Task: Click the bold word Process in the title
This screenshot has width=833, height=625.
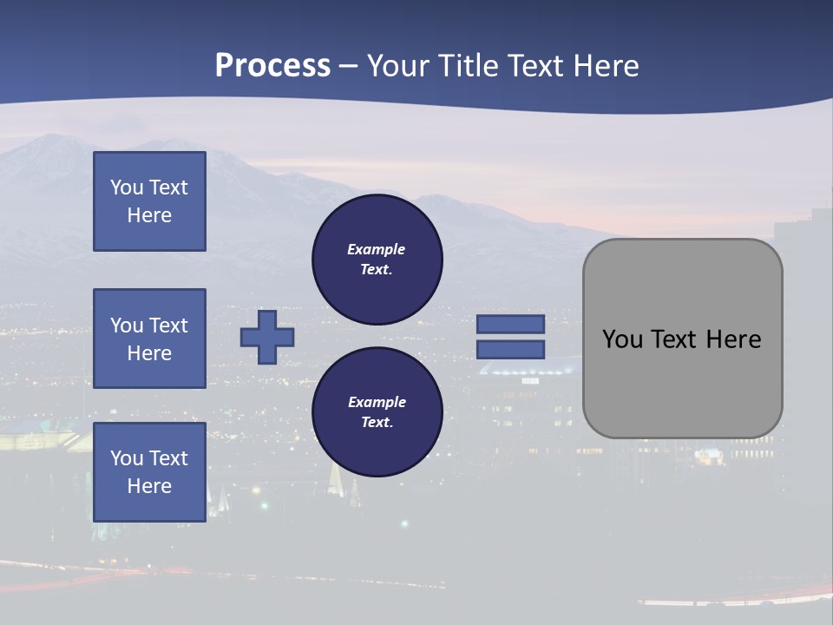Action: click(x=272, y=66)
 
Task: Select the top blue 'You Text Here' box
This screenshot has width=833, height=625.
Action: click(x=149, y=201)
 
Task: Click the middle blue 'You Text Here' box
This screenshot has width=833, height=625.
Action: click(x=149, y=339)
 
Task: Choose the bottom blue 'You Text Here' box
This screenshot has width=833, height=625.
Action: click(x=149, y=472)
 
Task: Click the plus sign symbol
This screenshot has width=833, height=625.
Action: click(x=267, y=337)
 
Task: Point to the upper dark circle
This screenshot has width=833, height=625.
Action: click(x=377, y=260)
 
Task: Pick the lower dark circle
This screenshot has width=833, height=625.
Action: click(x=377, y=412)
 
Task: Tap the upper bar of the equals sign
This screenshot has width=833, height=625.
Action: click(x=510, y=324)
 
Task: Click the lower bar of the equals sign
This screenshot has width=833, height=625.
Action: click(x=510, y=349)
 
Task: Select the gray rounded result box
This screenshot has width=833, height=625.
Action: click(x=682, y=338)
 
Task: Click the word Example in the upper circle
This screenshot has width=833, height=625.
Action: click(x=377, y=249)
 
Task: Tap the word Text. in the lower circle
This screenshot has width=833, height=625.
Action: click(x=377, y=423)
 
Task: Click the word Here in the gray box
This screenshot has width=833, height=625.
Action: click(x=733, y=339)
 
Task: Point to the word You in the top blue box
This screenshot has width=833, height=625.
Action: click(x=126, y=187)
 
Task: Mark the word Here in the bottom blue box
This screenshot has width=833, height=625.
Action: click(x=149, y=486)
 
